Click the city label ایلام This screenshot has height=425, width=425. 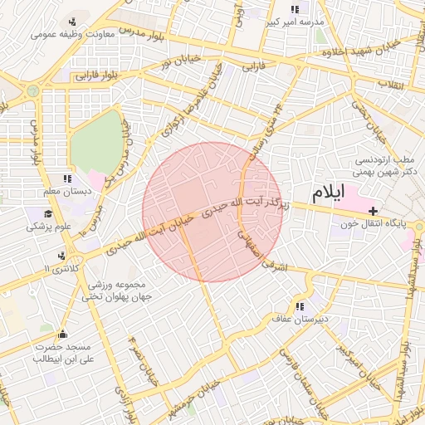pos(327,193)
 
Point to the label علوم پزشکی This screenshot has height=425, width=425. pos(50,226)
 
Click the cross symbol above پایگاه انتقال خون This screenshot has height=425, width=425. pos(373,211)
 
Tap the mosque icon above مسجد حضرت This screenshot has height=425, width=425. pos(61,334)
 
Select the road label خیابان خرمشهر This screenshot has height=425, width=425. pos(203,396)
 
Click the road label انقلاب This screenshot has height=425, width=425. pos(391,84)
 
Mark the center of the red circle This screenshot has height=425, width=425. pos(212,212)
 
